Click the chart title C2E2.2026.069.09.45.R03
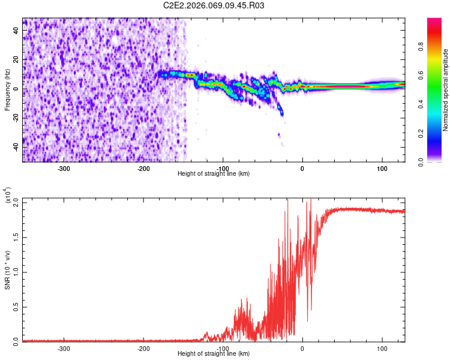click(x=214, y=5)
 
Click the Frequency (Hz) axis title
click(x=7, y=89)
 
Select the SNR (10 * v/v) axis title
click(x=8, y=270)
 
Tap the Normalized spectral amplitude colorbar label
click(x=446, y=89)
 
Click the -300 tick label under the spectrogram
click(x=64, y=168)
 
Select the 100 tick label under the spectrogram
click(x=382, y=168)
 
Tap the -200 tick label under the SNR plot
click(x=143, y=347)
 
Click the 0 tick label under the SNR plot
click(x=302, y=347)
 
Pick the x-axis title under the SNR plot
click(x=214, y=354)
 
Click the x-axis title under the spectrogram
click(x=214, y=174)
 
